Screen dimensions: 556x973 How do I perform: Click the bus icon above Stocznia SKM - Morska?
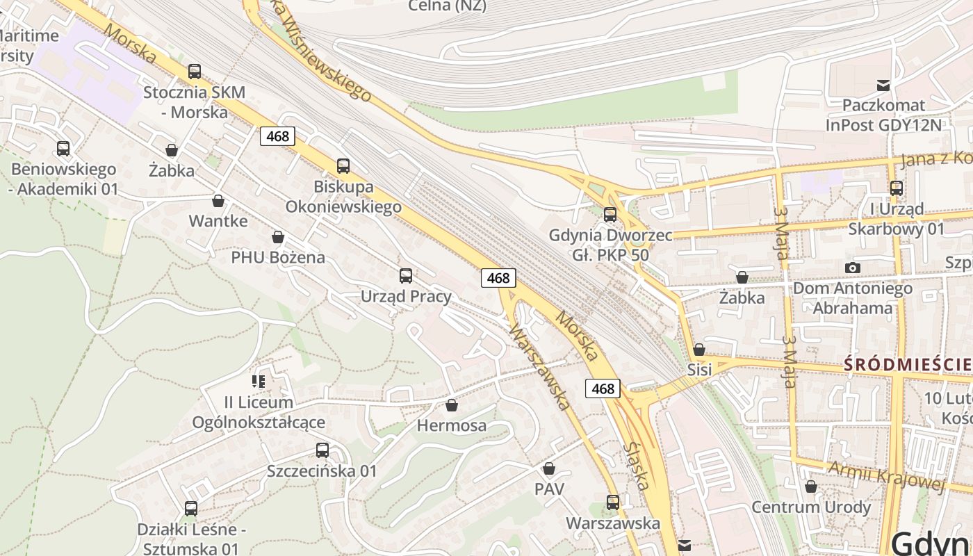pyautogui.click(x=195, y=71)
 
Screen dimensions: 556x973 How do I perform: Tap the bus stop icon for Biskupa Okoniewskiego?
pyautogui.click(x=343, y=165)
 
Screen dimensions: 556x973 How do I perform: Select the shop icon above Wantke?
pyautogui.click(x=218, y=201)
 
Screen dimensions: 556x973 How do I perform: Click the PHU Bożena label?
pyautogui.click(x=278, y=257)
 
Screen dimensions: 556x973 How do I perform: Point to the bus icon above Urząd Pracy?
pyautogui.click(x=406, y=276)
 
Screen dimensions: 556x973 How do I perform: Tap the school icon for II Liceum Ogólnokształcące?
pyautogui.click(x=259, y=381)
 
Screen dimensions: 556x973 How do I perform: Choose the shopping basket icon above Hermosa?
pyautogui.click(x=452, y=404)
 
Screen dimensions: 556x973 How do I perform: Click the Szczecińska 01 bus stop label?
pyautogui.click(x=322, y=471)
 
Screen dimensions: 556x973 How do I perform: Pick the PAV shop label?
pyautogui.click(x=549, y=489)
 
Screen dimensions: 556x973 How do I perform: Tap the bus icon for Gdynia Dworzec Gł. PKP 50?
pyautogui.click(x=610, y=215)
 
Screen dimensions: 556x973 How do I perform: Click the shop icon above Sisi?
pyautogui.click(x=699, y=349)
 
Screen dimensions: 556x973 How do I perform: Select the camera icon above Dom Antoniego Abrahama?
pyautogui.click(x=853, y=268)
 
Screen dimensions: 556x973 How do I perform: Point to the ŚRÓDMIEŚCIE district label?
pyautogui.click(x=908, y=363)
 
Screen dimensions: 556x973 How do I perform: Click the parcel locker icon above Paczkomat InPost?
pyautogui.click(x=883, y=85)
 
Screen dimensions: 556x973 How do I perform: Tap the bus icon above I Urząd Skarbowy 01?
pyautogui.click(x=897, y=188)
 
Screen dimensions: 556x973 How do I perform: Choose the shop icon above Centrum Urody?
pyautogui.click(x=810, y=486)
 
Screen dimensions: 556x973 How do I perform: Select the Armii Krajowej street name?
pyautogui.click(x=886, y=477)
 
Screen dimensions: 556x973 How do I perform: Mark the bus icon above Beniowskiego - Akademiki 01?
pyautogui.click(x=63, y=148)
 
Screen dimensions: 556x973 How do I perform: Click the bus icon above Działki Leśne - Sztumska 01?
pyautogui.click(x=191, y=509)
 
